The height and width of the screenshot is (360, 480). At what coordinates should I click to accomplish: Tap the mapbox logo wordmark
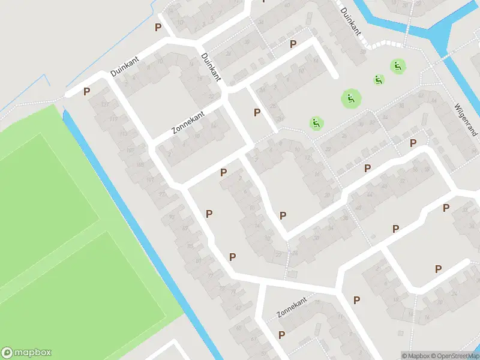[26, 353]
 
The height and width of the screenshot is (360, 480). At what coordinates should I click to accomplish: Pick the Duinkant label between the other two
[212, 67]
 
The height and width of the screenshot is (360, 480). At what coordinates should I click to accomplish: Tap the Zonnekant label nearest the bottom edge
[292, 308]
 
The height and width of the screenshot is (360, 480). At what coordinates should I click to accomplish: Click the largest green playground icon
[351, 98]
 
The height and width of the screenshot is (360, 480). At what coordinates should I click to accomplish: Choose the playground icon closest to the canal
[397, 65]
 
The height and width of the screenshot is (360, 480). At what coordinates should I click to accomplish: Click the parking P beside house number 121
[87, 92]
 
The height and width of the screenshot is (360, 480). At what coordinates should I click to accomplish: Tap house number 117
[113, 119]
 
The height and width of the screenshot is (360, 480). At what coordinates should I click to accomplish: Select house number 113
[123, 134]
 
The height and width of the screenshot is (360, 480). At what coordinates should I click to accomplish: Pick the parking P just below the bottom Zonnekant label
[281, 334]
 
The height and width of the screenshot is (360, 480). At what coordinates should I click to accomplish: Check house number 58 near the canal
[363, 52]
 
